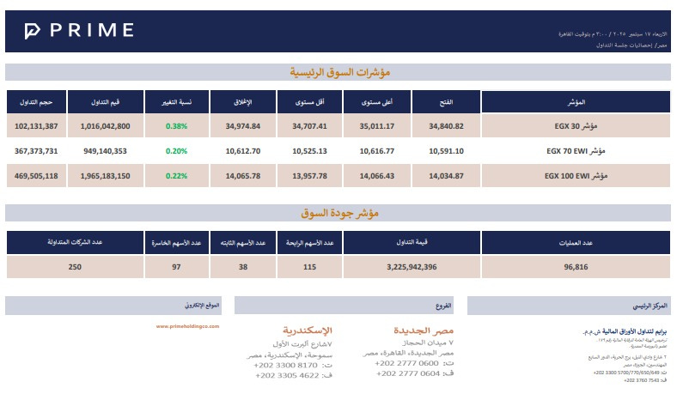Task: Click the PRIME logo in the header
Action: click(78, 31)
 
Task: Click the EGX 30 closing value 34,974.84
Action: click(243, 126)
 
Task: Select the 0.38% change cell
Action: click(177, 126)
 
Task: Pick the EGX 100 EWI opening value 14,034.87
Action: click(446, 176)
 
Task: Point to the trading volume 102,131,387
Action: click(37, 126)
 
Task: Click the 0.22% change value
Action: click(177, 176)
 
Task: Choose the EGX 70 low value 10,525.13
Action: click(310, 151)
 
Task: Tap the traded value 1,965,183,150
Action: click(107, 176)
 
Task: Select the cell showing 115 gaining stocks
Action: click(310, 267)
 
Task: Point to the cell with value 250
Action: click(75, 267)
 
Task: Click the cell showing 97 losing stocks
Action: click(177, 267)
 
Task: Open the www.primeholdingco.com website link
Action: click(188, 326)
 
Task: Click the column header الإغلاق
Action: click(243, 102)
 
